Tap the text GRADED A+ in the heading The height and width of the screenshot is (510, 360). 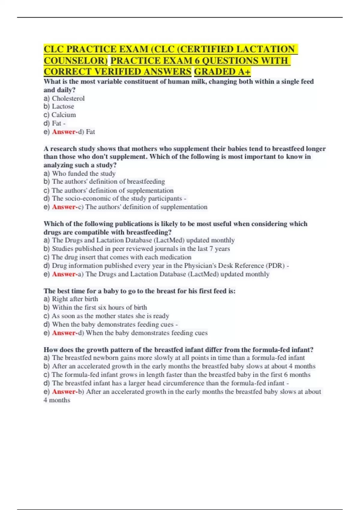222,72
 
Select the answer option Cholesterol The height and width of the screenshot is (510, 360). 68,98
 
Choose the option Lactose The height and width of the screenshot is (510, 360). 63,106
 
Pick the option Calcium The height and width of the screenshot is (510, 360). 64,115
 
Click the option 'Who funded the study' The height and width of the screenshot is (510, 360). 83,173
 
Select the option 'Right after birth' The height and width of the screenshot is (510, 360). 75,299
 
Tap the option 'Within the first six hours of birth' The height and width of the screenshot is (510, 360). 99,307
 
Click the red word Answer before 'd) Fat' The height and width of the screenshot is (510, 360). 64,132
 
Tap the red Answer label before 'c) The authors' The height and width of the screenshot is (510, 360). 64,207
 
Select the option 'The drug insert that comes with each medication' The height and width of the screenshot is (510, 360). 121,257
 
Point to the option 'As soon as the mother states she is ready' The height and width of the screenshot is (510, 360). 110,316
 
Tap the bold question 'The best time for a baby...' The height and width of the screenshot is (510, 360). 139,291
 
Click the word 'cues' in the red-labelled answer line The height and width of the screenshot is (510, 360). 201,333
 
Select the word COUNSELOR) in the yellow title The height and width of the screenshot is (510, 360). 76,60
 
